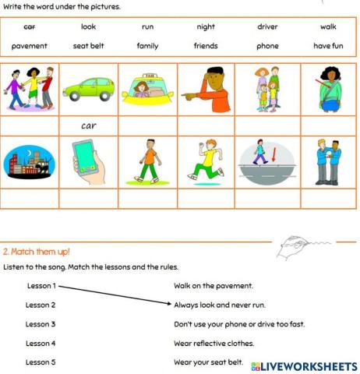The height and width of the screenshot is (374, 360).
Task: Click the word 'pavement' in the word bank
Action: [x=30, y=46]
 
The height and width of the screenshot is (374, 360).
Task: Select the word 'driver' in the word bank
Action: [x=267, y=26]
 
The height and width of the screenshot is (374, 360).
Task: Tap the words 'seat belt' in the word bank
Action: [x=88, y=46]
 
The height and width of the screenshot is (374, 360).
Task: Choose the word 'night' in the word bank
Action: [x=206, y=26]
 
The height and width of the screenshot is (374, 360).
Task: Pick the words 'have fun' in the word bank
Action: [x=328, y=46]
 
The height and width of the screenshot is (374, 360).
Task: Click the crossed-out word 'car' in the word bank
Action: [x=30, y=26]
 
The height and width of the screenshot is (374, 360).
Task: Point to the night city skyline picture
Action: [x=29, y=164]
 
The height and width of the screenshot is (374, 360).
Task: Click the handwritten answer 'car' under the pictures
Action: [x=88, y=125]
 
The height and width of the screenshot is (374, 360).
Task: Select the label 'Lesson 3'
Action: [x=41, y=323]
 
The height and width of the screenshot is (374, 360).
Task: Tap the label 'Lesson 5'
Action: [x=41, y=362]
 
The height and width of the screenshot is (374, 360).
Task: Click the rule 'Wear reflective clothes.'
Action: [x=214, y=343]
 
